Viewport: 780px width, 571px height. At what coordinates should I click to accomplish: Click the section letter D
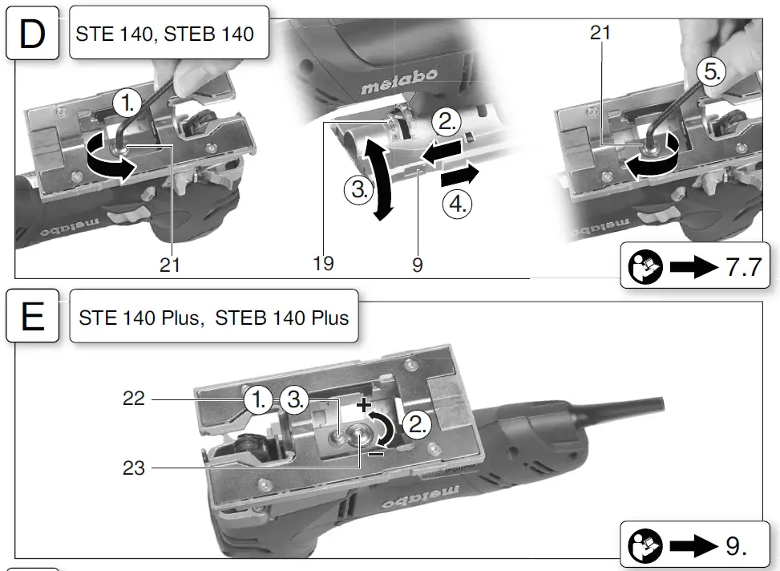pyautogui.click(x=32, y=34)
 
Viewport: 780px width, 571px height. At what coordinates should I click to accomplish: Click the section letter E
pyautogui.click(x=32, y=317)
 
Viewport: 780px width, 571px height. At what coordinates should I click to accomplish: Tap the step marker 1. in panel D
pyautogui.click(x=127, y=103)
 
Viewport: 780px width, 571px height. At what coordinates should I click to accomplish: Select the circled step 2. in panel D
pyautogui.click(x=447, y=122)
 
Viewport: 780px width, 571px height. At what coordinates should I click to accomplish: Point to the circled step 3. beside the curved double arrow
pyautogui.click(x=358, y=190)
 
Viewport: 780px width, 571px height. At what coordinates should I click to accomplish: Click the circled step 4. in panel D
pyautogui.click(x=457, y=204)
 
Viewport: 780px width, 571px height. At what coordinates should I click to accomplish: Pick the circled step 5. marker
pyautogui.click(x=711, y=71)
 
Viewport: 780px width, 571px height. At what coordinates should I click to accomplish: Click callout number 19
pyautogui.click(x=323, y=263)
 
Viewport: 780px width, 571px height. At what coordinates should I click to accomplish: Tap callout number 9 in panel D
pyautogui.click(x=418, y=265)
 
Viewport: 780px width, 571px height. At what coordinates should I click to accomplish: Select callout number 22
pyautogui.click(x=134, y=399)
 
